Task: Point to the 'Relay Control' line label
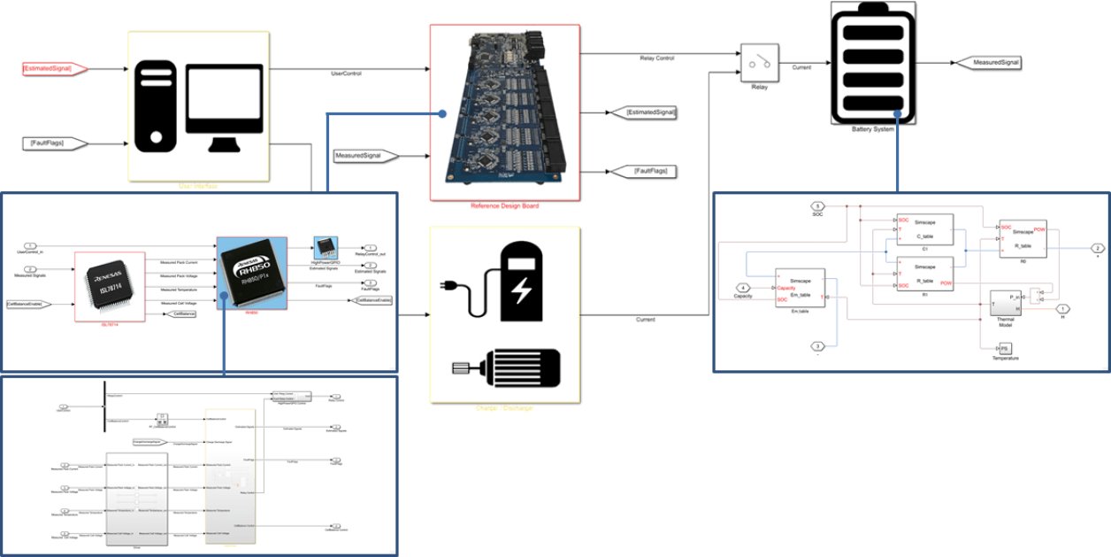[656, 58]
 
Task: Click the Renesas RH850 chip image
[252, 273]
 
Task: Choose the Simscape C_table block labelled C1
[924, 231]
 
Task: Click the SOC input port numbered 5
[818, 208]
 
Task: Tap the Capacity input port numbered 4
[744, 289]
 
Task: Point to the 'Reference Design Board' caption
[504, 205]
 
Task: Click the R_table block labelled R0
[1023, 238]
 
